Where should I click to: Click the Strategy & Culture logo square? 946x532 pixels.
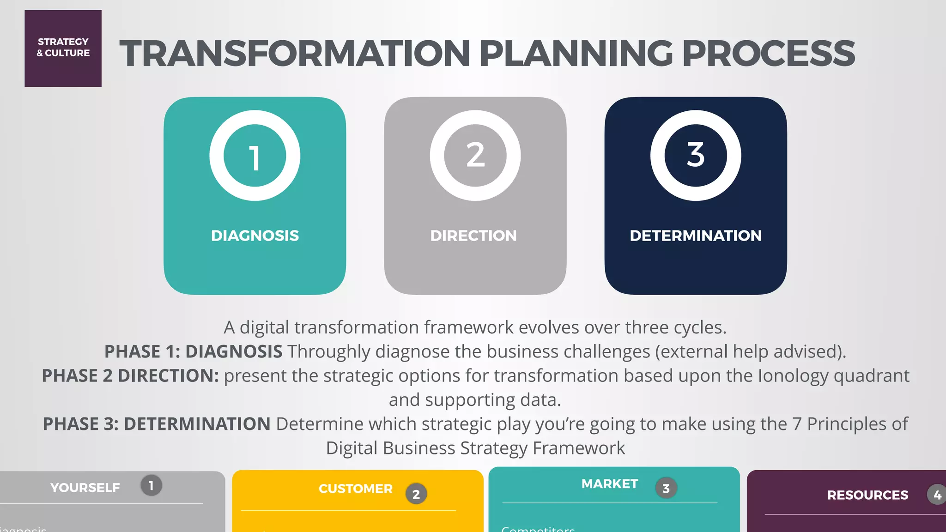(x=63, y=48)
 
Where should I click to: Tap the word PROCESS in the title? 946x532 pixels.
(x=768, y=54)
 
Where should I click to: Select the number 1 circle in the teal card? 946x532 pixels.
(x=255, y=156)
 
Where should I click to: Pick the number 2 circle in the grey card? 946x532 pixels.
(x=475, y=156)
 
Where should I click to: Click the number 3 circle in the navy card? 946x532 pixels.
(x=696, y=156)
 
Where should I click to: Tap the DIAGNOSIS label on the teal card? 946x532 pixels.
(x=255, y=236)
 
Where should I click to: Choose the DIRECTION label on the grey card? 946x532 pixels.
(x=473, y=236)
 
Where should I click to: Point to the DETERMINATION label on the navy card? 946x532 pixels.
(x=696, y=236)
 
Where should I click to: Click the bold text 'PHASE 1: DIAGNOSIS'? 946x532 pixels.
(x=193, y=352)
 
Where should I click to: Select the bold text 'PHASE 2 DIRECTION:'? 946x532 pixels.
(x=130, y=376)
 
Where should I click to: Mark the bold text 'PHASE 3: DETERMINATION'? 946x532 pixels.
(x=157, y=424)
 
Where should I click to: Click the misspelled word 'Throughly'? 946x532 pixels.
(x=329, y=352)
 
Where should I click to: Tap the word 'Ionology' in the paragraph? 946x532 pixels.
(x=793, y=376)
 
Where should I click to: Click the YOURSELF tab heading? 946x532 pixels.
(x=85, y=488)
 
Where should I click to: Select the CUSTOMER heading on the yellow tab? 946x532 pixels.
(x=355, y=489)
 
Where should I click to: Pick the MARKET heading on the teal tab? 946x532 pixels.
(x=609, y=484)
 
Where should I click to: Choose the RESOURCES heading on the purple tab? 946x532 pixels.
(x=867, y=495)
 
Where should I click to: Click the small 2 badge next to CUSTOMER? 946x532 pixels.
(x=416, y=494)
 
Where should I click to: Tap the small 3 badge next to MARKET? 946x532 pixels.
(x=666, y=488)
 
